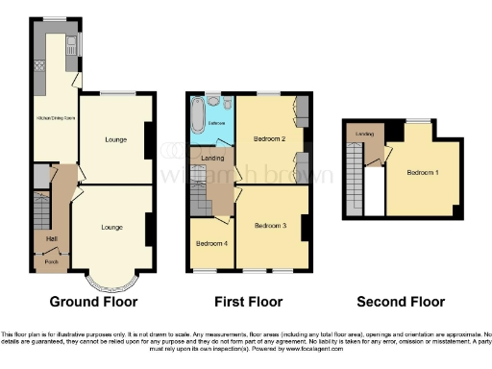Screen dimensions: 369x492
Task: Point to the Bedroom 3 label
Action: pyautogui.click(x=270, y=226)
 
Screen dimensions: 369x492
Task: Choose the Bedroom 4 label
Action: pyautogui.click(x=211, y=243)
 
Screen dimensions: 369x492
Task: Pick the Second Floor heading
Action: pyautogui.click(x=400, y=302)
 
